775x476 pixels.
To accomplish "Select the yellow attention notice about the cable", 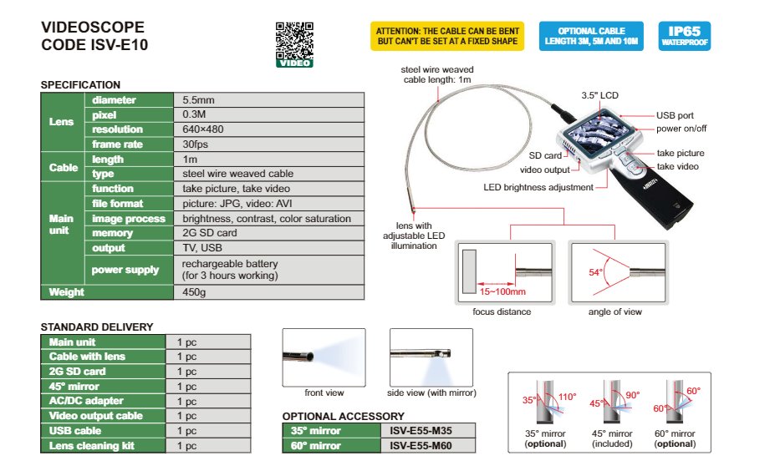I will coord(447,35).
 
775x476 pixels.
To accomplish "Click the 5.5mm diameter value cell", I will coord(268,100).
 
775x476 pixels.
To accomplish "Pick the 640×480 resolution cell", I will coord(268,129).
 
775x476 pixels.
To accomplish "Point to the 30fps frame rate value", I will coord(268,144).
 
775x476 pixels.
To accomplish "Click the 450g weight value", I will coord(268,292).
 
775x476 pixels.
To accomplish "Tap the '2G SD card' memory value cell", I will coord(268,233).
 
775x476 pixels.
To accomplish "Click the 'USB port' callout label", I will coord(674,115).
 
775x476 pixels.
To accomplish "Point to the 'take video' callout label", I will coord(678,167).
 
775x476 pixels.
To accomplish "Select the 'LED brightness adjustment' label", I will coord(538,187).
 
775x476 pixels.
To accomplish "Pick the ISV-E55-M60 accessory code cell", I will coord(428,446).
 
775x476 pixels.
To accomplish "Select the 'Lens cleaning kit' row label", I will coord(91,446).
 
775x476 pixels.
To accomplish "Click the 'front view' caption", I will coord(324,392).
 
